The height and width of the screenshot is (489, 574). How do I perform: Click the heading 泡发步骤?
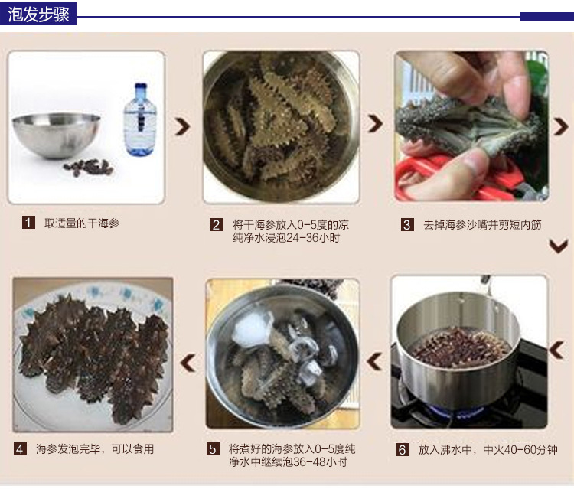pos(38,15)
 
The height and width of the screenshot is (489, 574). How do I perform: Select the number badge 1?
pos(29,223)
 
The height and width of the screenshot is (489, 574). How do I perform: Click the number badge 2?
pos(217,225)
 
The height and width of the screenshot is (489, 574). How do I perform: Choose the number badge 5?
pos(213,449)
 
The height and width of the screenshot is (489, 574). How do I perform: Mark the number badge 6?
pos(403,449)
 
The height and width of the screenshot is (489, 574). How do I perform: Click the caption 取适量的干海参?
pos(81,223)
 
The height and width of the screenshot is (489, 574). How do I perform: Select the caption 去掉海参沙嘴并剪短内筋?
pos(482,225)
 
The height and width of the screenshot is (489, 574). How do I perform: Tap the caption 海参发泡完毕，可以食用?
pos(95,449)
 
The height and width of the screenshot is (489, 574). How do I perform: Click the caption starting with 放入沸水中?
pos(488,449)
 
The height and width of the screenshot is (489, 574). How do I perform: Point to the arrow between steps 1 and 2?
pos(183,127)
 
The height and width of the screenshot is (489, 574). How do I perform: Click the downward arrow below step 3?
pos(559,246)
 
